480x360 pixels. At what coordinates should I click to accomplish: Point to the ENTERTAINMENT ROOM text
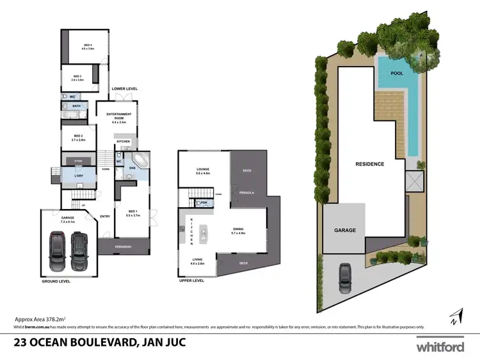(120, 115)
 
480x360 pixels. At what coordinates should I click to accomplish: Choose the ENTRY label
(105, 215)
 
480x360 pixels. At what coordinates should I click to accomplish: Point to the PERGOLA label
(247, 192)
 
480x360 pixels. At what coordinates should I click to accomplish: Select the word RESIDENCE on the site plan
(370, 164)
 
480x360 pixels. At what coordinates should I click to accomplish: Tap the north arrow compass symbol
(454, 316)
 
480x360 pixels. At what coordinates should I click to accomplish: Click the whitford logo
(440, 347)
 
